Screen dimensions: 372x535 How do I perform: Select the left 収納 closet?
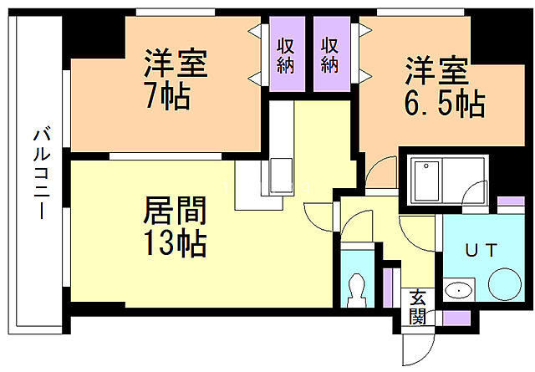coord(286,54)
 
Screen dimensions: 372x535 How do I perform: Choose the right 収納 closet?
coord(329,54)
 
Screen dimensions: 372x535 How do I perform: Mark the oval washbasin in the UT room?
coord(457,290)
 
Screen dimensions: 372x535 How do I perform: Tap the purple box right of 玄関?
coord(456,317)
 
